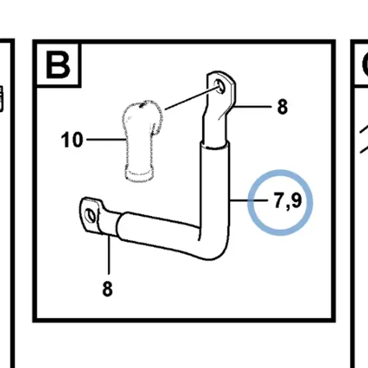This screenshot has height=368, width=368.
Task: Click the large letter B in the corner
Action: click(x=58, y=65)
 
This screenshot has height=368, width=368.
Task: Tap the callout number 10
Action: click(x=72, y=140)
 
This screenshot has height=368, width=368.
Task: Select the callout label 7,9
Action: click(x=288, y=201)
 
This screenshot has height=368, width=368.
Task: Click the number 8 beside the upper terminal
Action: click(x=282, y=107)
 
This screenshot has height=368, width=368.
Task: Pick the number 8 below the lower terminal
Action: click(x=107, y=289)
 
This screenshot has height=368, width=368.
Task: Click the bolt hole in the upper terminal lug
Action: click(x=220, y=86)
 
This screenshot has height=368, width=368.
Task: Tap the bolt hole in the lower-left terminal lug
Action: click(x=90, y=216)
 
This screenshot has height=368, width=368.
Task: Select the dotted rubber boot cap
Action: click(x=142, y=141)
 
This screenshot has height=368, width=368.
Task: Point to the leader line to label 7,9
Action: click(x=249, y=201)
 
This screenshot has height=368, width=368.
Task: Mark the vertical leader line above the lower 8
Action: click(x=109, y=255)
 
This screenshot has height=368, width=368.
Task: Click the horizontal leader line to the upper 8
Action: click(x=253, y=107)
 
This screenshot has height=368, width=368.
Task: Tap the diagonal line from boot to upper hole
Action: click(x=193, y=98)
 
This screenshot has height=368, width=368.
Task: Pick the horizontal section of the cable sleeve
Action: click(x=159, y=231)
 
